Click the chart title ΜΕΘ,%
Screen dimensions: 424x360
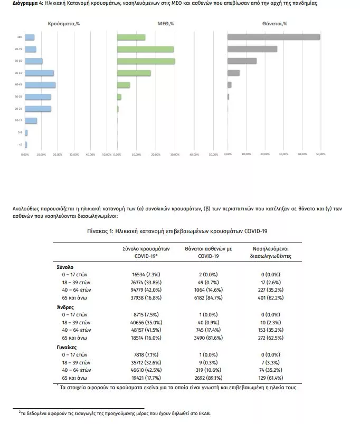click(x=166, y=24)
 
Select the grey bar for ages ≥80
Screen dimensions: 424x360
click(x=273, y=37)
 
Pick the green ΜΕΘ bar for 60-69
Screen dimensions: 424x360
click(x=146, y=61)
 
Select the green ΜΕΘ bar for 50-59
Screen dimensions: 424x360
click(x=134, y=73)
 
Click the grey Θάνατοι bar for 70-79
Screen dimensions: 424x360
click(x=252, y=49)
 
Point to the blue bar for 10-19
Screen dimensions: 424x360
click(x=31, y=121)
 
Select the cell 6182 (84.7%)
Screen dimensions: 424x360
click(x=208, y=297)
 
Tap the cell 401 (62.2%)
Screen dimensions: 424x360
click(x=271, y=297)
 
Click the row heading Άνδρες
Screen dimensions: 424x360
click(x=65, y=306)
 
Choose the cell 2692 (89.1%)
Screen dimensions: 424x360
click(x=208, y=378)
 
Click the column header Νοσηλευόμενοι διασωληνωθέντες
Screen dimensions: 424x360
click(x=271, y=252)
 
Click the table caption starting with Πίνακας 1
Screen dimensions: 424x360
click(x=179, y=231)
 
